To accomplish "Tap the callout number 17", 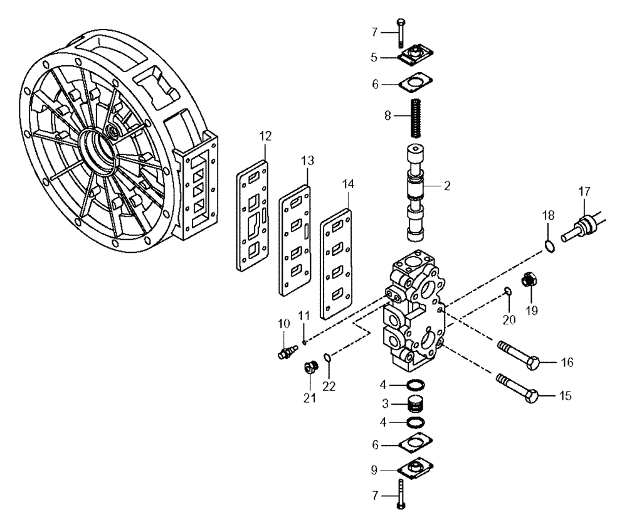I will click(584, 189).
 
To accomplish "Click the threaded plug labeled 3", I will click(414, 402).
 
